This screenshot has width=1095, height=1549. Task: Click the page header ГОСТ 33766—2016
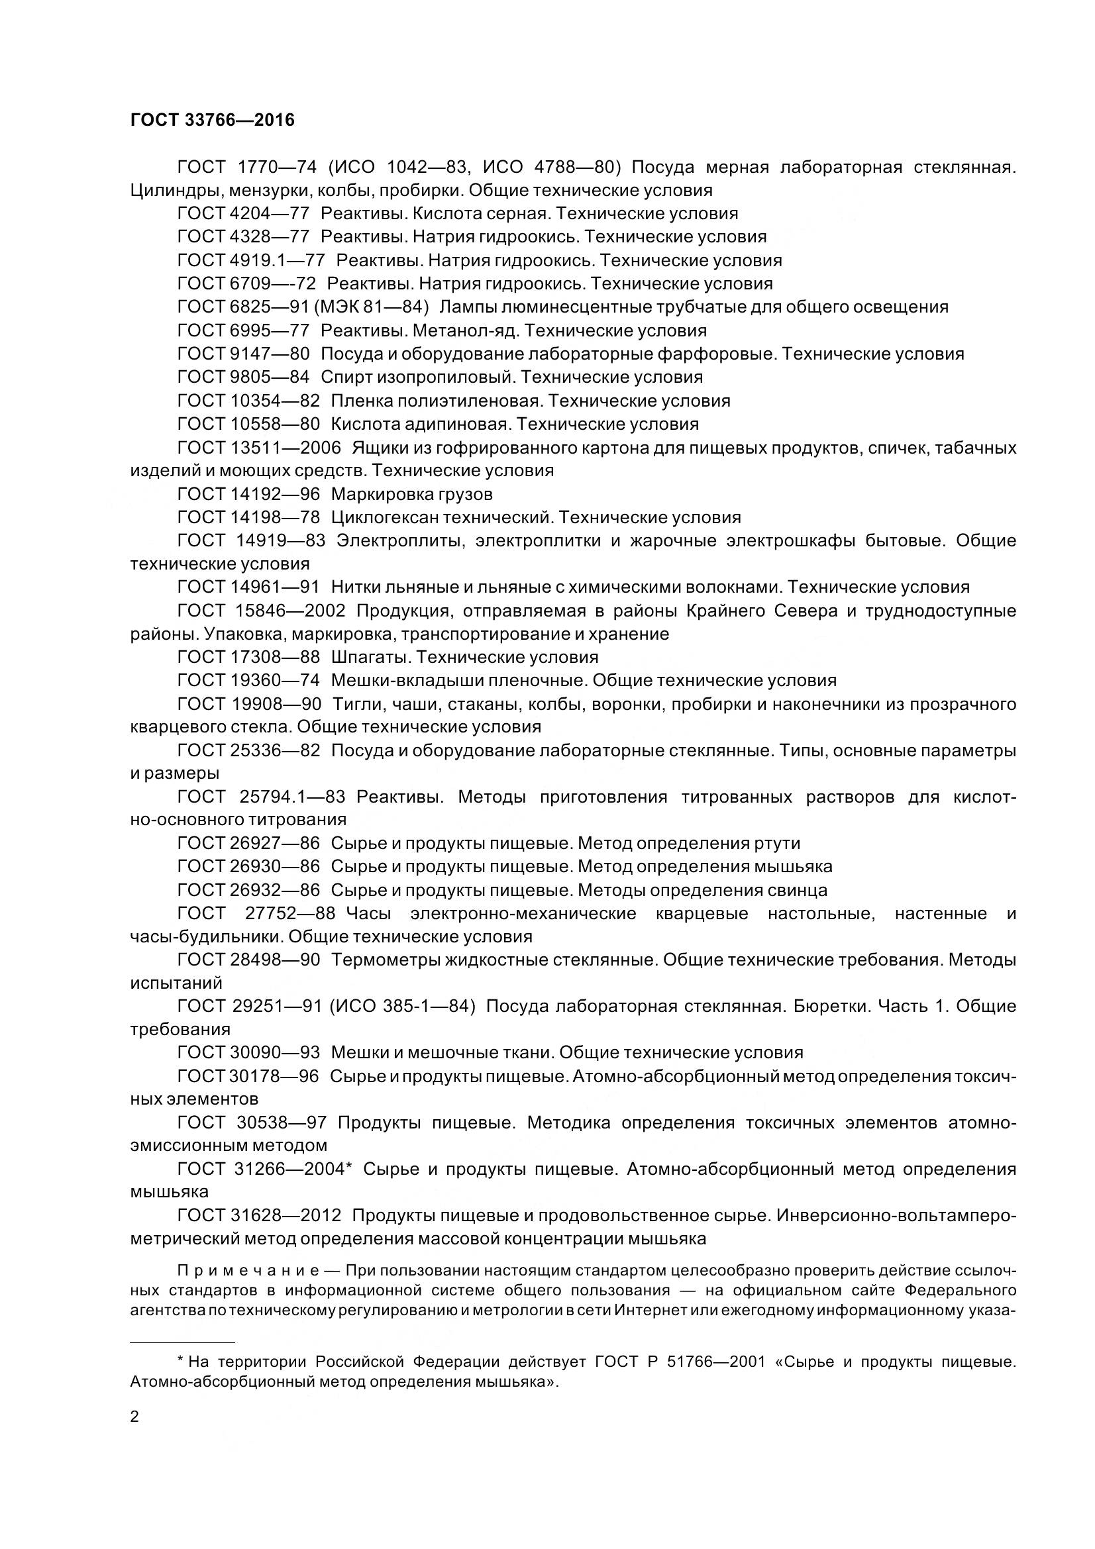coord(213,120)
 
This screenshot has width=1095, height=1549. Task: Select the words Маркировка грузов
coord(411,495)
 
